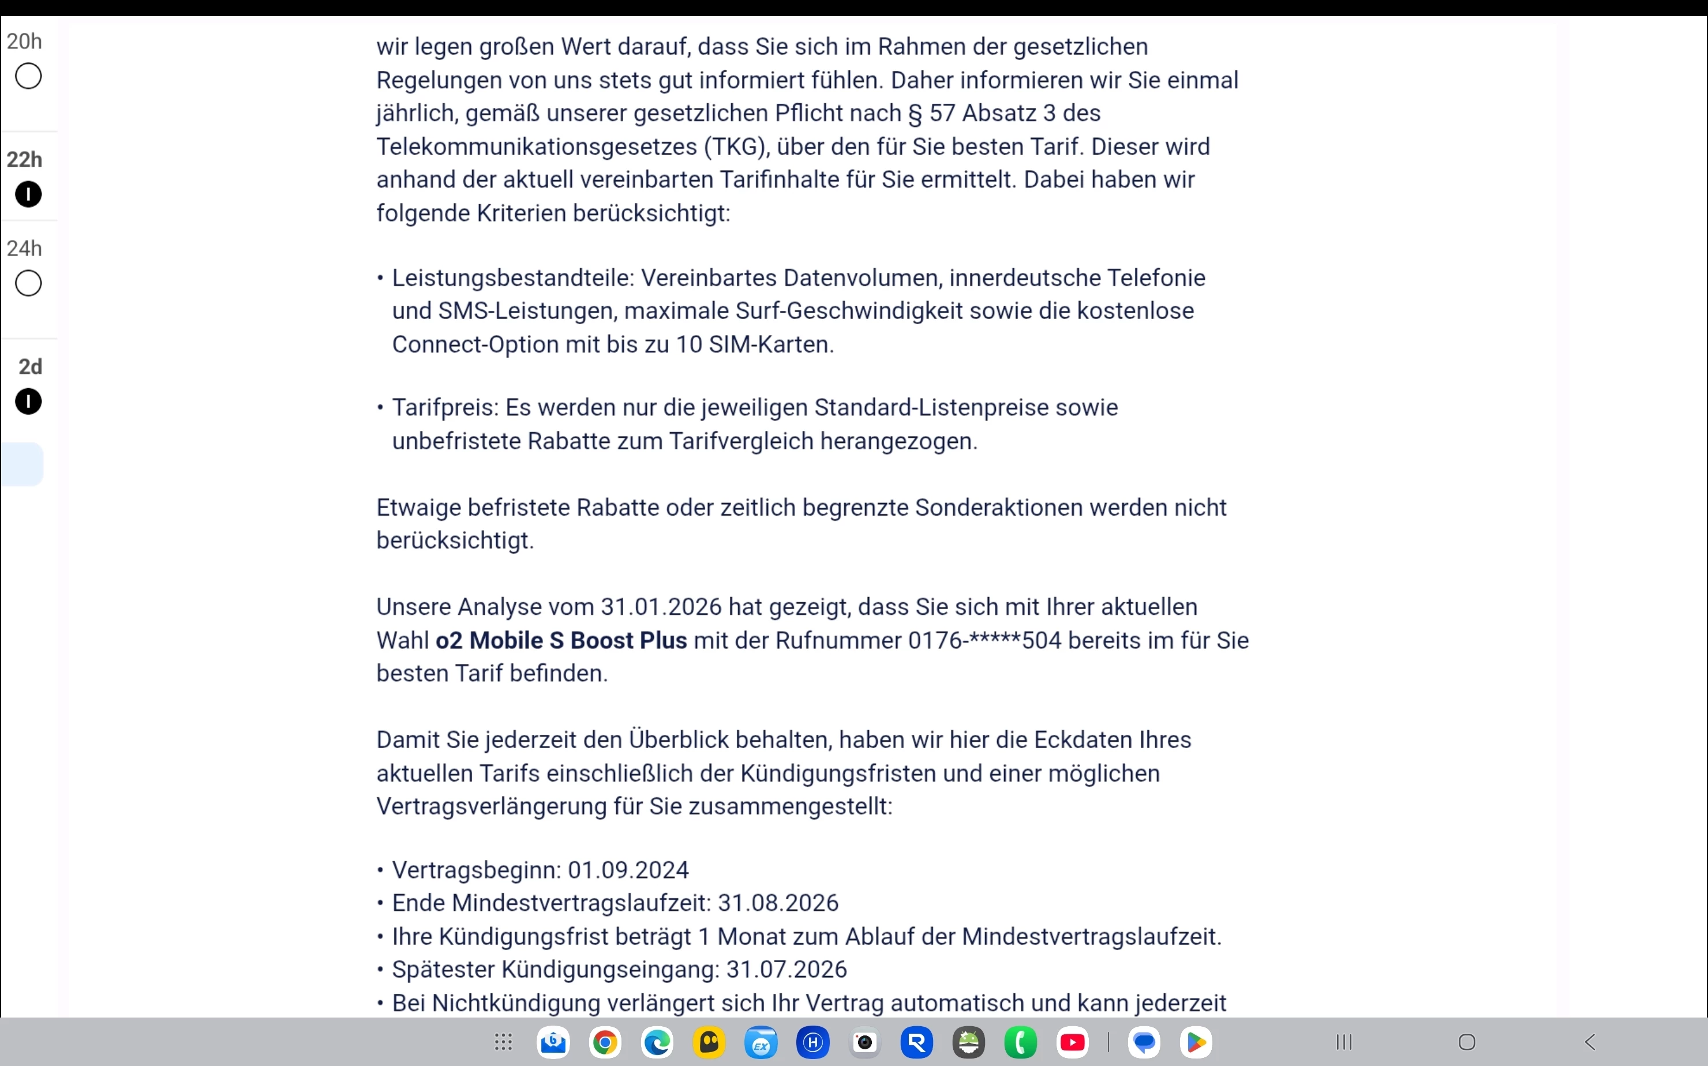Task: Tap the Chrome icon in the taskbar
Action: click(604, 1042)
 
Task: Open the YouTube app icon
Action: click(1073, 1042)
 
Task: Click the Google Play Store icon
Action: click(1196, 1042)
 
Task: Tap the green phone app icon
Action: click(1020, 1042)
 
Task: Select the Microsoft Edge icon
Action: click(657, 1042)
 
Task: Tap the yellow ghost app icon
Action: click(709, 1042)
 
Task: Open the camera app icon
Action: click(864, 1042)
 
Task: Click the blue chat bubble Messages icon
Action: click(1144, 1042)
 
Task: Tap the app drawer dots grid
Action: click(503, 1042)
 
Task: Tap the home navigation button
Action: click(1467, 1042)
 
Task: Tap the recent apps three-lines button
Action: click(1344, 1042)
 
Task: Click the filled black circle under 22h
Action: click(28, 194)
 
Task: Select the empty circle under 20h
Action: click(28, 76)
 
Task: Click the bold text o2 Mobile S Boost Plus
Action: click(561, 640)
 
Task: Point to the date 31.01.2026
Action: click(661, 607)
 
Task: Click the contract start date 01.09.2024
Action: click(628, 870)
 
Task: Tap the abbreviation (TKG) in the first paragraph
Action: click(735, 147)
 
